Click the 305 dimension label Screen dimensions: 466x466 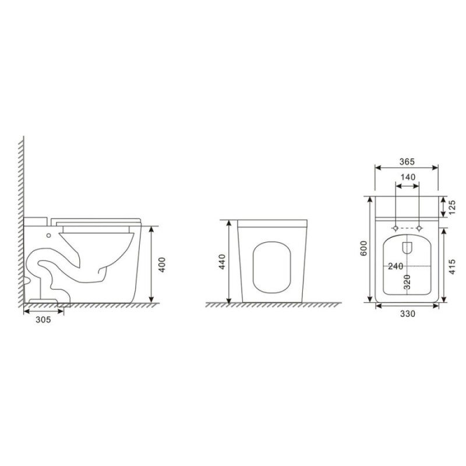point(43,319)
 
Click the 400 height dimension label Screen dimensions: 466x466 point(162,264)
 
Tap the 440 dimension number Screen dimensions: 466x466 point(223,262)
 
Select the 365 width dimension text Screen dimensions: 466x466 point(407,162)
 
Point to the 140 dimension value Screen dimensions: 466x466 point(408,177)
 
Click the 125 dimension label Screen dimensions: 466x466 point(452,207)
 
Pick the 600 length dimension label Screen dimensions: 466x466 point(363,248)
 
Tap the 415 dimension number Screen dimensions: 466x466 point(452,267)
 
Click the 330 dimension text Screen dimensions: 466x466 point(407,314)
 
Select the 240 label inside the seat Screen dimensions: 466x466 point(396,266)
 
